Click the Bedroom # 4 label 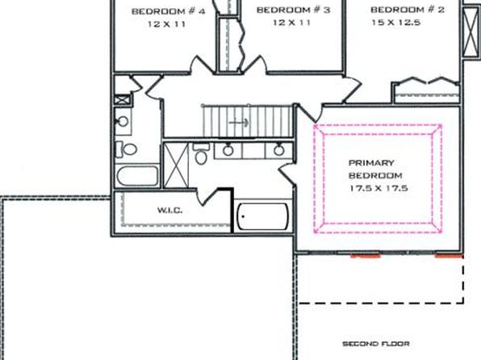(168, 11)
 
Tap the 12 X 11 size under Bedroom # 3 (291, 23)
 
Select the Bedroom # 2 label (408, 10)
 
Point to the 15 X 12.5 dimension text (395, 23)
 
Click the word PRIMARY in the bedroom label (371, 163)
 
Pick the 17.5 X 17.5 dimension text (379, 188)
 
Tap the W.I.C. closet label (170, 210)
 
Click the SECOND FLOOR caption (376, 344)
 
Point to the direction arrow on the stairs (239, 123)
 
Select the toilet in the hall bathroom (126, 150)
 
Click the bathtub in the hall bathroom (137, 176)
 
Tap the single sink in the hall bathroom (123, 122)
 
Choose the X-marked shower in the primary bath (176, 165)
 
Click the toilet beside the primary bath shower (201, 154)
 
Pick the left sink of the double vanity (228, 150)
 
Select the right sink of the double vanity (279, 150)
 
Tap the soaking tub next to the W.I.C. (263, 216)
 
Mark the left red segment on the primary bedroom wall (366, 255)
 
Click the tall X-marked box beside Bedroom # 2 (471, 32)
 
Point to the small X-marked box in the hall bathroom (123, 100)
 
